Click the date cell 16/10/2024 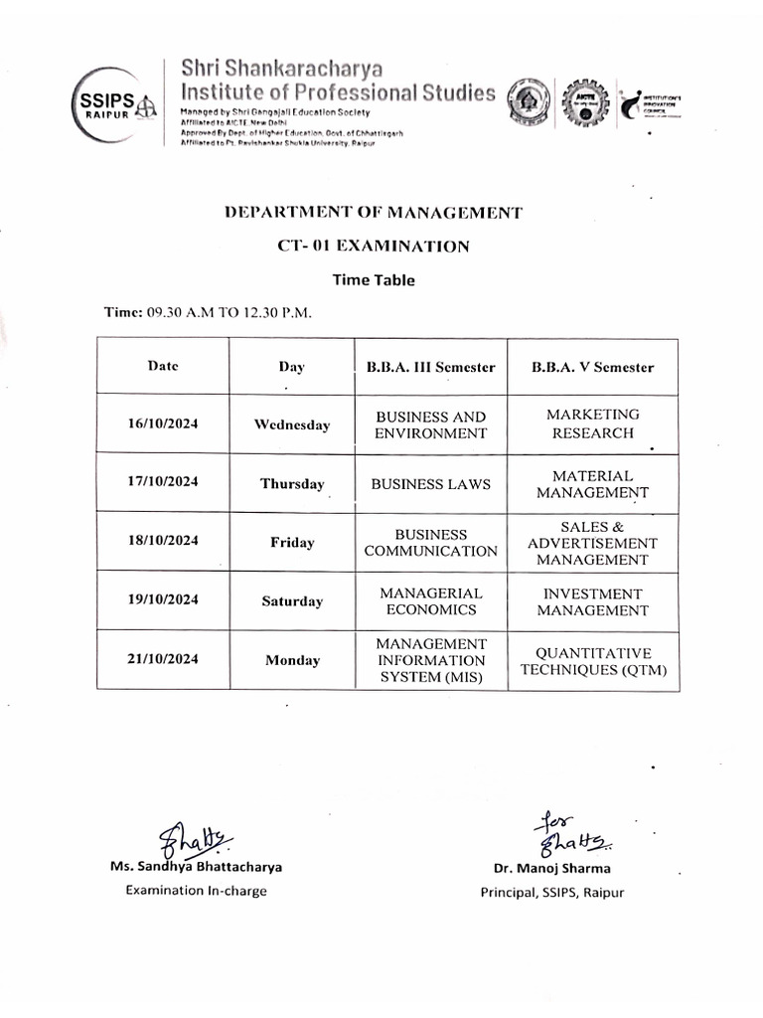click(x=163, y=424)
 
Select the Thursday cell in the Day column click(x=292, y=484)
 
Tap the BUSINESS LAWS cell click(x=430, y=484)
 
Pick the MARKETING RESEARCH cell click(x=593, y=424)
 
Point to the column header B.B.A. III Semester click(x=430, y=367)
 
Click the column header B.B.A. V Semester click(x=593, y=367)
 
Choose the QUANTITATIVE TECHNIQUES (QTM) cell click(x=593, y=661)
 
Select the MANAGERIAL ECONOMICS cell click(x=430, y=601)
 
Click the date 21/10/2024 click(x=163, y=660)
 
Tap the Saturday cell click(x=292, y=601)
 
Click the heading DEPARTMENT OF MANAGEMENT click(x=374, y=212)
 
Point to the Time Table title click(x=374, y=280)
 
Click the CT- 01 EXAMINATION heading click(x=374, y=246)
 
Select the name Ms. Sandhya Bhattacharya click(x=196, y=866)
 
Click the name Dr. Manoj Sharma click(x=552, y=868)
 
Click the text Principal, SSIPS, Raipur click(x=552, y=892)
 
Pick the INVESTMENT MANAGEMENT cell click(x=593, y=601)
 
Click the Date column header click(x=163, y=366)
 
